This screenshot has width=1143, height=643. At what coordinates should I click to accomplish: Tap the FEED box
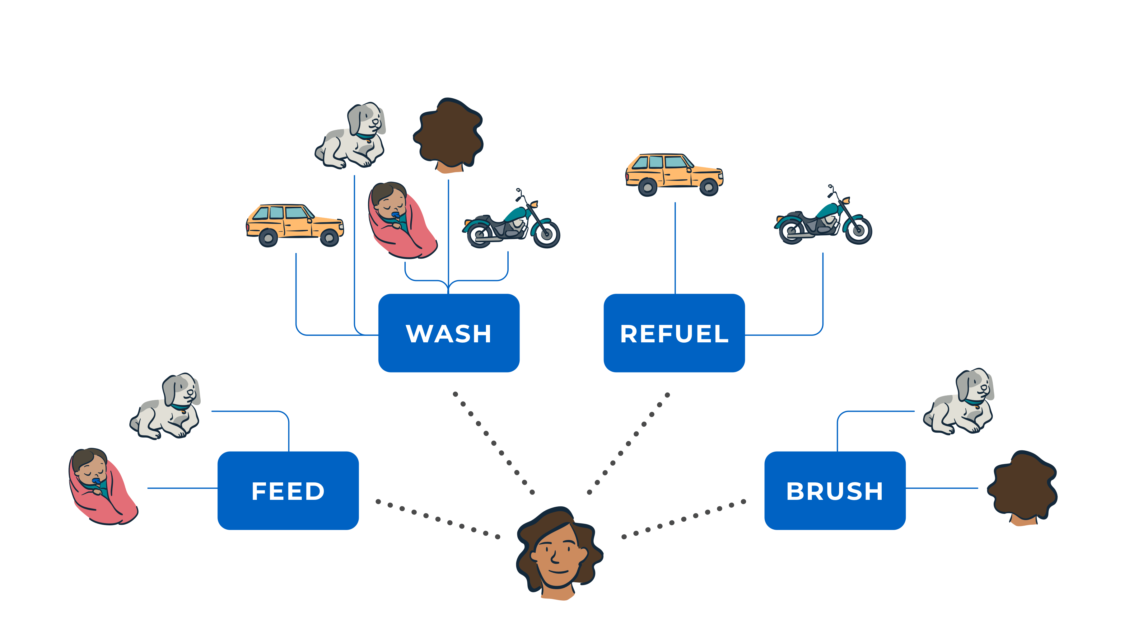click(x=288, y=490)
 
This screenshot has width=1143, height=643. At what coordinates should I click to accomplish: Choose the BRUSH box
click(x=835, y=490)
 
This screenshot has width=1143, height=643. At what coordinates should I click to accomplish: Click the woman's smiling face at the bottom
click(x=557, y=555)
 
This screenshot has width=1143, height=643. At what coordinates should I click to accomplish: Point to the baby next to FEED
click(x=102, y=486)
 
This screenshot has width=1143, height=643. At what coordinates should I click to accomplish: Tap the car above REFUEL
click(x=674, y=174)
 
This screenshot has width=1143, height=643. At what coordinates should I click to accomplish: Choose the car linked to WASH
click(x=295, y=224)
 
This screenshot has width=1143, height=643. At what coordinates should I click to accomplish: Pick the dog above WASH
click(x=351, y=135)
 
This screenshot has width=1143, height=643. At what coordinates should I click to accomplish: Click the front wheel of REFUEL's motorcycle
click(x=859, y=231)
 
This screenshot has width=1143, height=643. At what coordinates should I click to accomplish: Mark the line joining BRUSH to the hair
click(x=941, y=488)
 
